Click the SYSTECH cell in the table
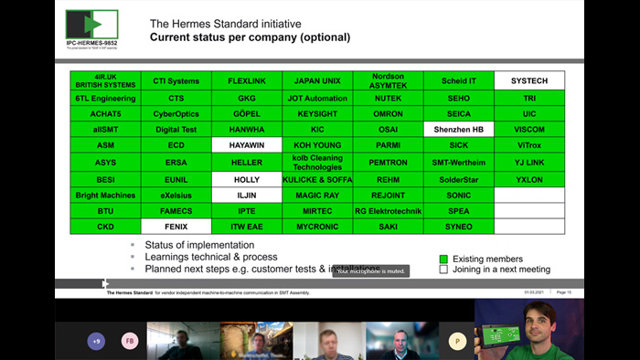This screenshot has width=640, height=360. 529,80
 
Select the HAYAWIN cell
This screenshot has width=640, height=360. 247,145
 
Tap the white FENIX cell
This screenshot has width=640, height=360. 176,226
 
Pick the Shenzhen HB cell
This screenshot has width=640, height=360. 459,129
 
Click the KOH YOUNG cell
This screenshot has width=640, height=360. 317,145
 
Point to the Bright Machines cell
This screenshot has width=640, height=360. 105,195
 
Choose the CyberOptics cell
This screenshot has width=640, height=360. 176,113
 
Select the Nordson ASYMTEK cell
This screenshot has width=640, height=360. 388,80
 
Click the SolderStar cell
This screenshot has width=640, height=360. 459,178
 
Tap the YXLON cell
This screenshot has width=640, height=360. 529,178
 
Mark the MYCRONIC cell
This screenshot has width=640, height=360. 317,226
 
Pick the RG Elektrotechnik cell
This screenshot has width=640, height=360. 388,210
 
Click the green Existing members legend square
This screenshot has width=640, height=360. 443,259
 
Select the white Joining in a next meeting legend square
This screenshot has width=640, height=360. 443,270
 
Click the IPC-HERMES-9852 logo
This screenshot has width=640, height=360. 91,27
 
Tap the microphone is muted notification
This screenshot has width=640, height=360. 369,270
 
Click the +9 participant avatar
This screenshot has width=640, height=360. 96,342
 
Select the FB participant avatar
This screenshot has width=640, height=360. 130,342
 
